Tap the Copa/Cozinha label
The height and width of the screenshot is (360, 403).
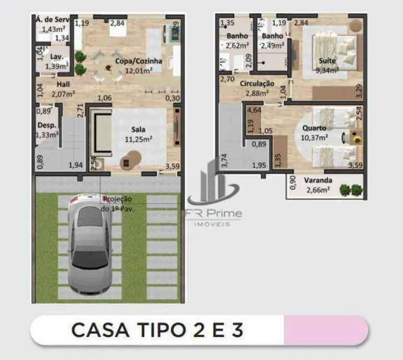[139, 61]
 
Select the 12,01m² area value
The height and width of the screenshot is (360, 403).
[139, 70]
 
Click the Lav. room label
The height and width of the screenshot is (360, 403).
[55, 56]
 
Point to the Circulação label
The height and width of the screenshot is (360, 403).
[257, 84]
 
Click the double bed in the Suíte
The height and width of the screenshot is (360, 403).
[330, 50]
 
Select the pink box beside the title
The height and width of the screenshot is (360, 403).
[324, 331]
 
